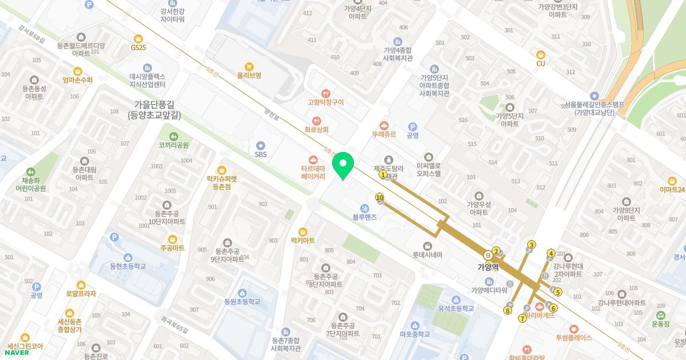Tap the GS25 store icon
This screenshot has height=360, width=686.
(x=138, y=38)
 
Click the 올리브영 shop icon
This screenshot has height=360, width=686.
(x=249, y=66)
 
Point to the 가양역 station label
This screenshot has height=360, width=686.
(x=488, y=267)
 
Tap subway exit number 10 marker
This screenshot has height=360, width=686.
(x=380, y=198)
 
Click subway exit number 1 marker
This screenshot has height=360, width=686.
(x=383, y=175)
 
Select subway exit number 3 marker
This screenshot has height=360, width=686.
(x=532, y=245)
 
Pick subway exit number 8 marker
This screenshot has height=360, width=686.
(x=507, y=310)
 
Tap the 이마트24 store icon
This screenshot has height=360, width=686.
(x=672, y=180)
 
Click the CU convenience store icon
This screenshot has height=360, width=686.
(x=541, y=54)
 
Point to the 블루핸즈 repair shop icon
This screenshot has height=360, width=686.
(x=365, y=208)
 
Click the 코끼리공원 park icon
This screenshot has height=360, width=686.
(x=174, y=136)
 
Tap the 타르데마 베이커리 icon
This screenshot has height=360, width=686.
(x=313, y=159)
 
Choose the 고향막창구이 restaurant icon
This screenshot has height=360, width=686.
(x=325, y=93)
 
